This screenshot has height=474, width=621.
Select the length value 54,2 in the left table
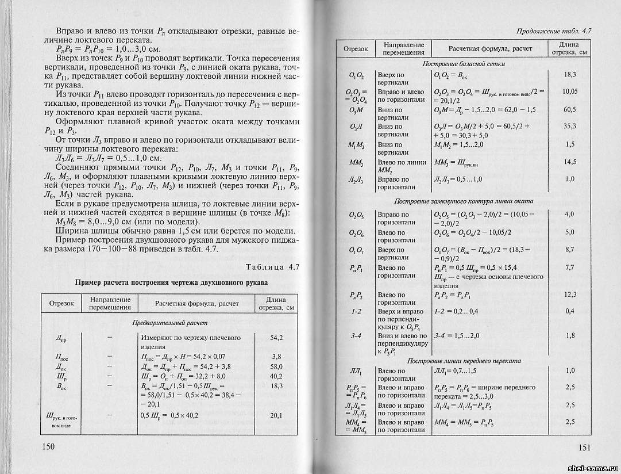[276, 338]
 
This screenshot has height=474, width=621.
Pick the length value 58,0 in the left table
[276, 366]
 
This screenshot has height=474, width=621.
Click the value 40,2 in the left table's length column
[276, 376]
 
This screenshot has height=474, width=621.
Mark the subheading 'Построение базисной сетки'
[463, 63]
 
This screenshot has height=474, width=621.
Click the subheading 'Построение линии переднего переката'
[463, 361]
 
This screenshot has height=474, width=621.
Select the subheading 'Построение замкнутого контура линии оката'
[463, 201]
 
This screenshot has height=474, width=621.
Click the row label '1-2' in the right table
[356, 312]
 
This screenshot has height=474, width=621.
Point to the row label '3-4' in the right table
[356, 336]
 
